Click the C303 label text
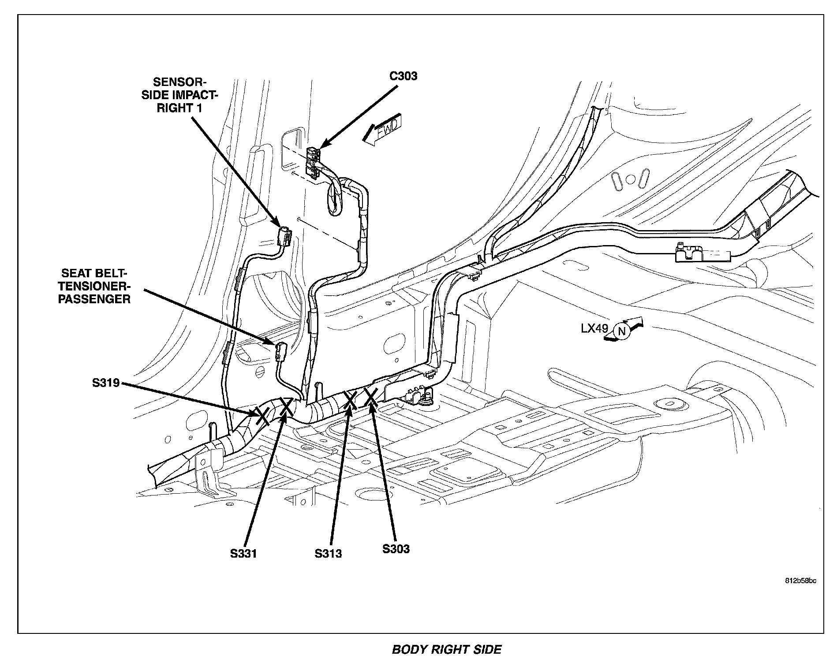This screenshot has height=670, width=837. coord(403,76)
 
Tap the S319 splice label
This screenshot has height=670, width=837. coord(106,383)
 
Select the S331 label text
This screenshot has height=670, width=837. coord(243,553)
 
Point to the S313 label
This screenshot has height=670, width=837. coord(328,553)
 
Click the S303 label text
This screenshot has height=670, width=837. coord(396,549)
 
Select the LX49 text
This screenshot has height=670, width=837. coord(594,328)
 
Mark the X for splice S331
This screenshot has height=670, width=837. coord(286,406)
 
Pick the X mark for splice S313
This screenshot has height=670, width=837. coord(351,400)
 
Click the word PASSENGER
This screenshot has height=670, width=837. coord(95,299)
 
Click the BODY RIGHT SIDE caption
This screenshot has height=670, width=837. coord(446,649)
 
